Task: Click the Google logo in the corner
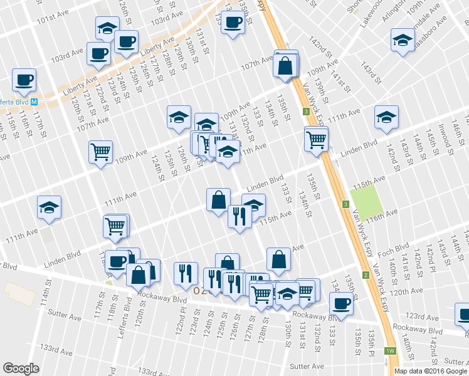(x=21, y=368)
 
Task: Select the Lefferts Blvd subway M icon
(x=35, y=102)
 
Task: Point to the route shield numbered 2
(x=365, y=275)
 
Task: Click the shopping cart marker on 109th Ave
(x=101, y=152)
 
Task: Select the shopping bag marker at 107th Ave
(x=285, y=66)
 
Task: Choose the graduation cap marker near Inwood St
(x=386, y=117)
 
